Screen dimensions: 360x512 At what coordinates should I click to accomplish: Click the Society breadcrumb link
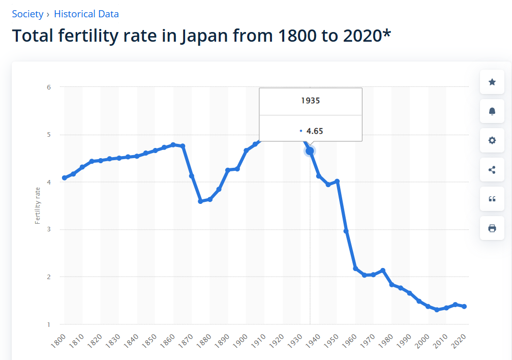click(x=27, y=14)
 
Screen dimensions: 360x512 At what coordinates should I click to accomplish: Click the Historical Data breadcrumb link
click(x=86, y=14)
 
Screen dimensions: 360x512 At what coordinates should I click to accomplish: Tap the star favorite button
click(x=492, y=82)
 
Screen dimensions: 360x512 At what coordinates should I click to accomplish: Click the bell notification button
click(x=492, y=111)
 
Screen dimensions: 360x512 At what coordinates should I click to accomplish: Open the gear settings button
click(x=492, y=140)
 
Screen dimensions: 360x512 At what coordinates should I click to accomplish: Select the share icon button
click(x=492, y=170)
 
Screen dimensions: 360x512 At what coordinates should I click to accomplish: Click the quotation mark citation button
click(x=492, y=199)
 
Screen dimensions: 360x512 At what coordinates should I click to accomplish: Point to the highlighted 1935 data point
click(x=310, y=151)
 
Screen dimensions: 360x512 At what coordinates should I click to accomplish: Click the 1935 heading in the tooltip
click(x=310, y=101)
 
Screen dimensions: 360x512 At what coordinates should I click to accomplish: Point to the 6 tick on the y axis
click(x=49, y=87)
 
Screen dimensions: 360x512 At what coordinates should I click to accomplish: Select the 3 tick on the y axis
click(x=49, y=229)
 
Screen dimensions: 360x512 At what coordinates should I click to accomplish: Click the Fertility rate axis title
click(x=38, y=205)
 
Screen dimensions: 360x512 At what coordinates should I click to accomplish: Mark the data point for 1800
click(x=64, y=178)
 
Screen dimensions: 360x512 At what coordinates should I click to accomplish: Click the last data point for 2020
click(x=464, y=307)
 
